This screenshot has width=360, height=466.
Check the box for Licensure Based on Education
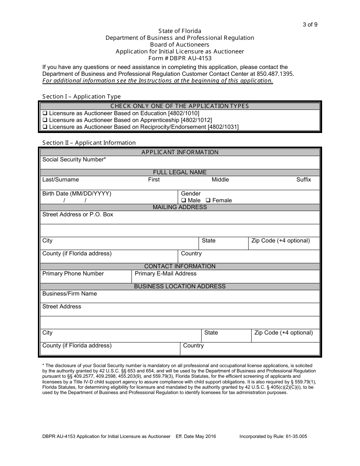[45, 113]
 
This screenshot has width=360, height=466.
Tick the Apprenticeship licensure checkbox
[45, 120]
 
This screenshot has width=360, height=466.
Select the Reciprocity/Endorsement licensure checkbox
[45, 127]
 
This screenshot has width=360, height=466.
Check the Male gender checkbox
[183, 200]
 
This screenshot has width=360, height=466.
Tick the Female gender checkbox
[208, 200]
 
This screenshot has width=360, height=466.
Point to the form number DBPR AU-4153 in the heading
[180, 58]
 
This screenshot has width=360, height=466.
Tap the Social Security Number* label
[74, 160]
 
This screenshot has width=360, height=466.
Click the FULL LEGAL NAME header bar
[180, 172]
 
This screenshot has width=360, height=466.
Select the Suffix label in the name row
[304, 180]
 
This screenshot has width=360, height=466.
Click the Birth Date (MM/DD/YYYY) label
[77, 194]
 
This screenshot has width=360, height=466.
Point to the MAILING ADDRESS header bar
[180, 207]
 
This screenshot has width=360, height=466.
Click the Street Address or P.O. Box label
[78, 214]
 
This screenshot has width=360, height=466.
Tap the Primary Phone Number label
[73, 274]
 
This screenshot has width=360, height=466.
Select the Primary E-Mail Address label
[166, 274]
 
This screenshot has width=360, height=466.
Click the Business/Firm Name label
[69, 294]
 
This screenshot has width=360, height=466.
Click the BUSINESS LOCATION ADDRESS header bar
[180, 286]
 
